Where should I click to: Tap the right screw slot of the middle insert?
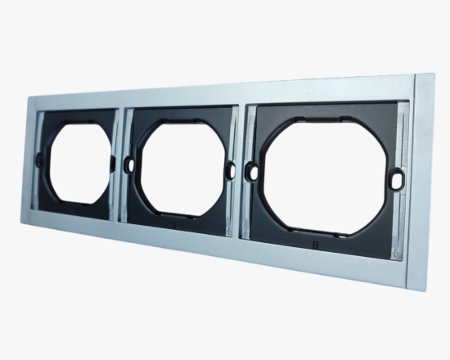(230, 171)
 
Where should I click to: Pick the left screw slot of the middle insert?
(128, 164)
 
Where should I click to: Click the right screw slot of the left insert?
(111, 163)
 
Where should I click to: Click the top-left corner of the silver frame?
(30, 97)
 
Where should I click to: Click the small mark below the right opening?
(313, 244)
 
